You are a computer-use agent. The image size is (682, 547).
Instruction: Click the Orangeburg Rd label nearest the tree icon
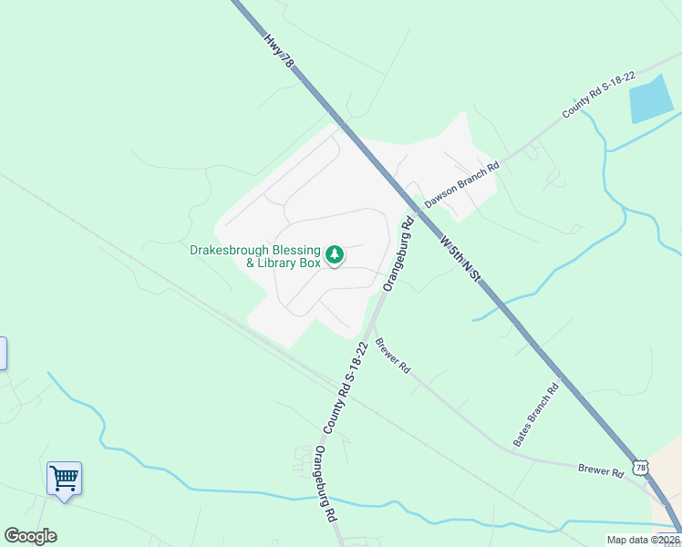click(398, 253)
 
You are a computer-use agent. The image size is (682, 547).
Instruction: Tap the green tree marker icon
click(335, 253)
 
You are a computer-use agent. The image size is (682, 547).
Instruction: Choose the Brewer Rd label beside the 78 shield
click(600, 471)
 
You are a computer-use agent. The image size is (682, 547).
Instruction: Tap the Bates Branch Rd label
click(535, 415)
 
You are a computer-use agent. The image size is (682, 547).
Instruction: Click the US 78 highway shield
click(642, 468)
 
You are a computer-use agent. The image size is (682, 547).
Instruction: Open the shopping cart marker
click(64, 477)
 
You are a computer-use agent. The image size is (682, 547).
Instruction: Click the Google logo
click(30, 536)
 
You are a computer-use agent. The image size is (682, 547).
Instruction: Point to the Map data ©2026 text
click(643, 540)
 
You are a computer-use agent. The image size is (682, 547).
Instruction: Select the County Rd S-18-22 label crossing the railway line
click(345, 387)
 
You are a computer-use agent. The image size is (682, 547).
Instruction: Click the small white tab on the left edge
click(3, 353)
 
